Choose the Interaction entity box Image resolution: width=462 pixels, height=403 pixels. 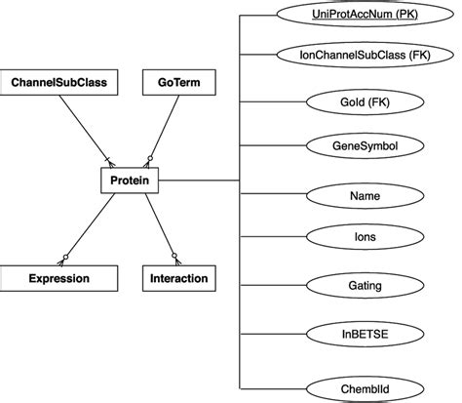[178, 278]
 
